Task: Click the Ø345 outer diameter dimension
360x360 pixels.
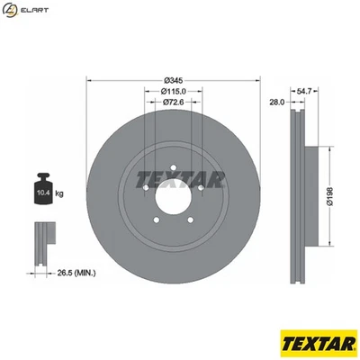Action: [x=175, y=80]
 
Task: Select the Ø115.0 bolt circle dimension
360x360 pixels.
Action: [x=175, y=92]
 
